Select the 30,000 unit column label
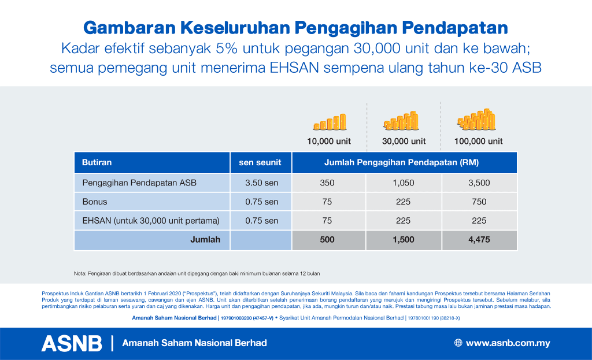(x=404, y=141)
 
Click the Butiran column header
(x=97, y=163)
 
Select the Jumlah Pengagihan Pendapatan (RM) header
(x=404, y=163)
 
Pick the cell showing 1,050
(x=404, y=183)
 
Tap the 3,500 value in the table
(x=479, y=183)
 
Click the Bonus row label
(x=95, y=202)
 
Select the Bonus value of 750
(x=479, y=202)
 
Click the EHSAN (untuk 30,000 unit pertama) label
(x=151, y=220)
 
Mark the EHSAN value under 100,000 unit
(x=479, y=220)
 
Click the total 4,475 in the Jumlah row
(x=479, y=240)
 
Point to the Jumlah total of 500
(x=327, y=240)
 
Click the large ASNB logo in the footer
(x=72, y=343)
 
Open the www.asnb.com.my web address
(x=508, y=343)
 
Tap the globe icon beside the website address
(x=458, y=343)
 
